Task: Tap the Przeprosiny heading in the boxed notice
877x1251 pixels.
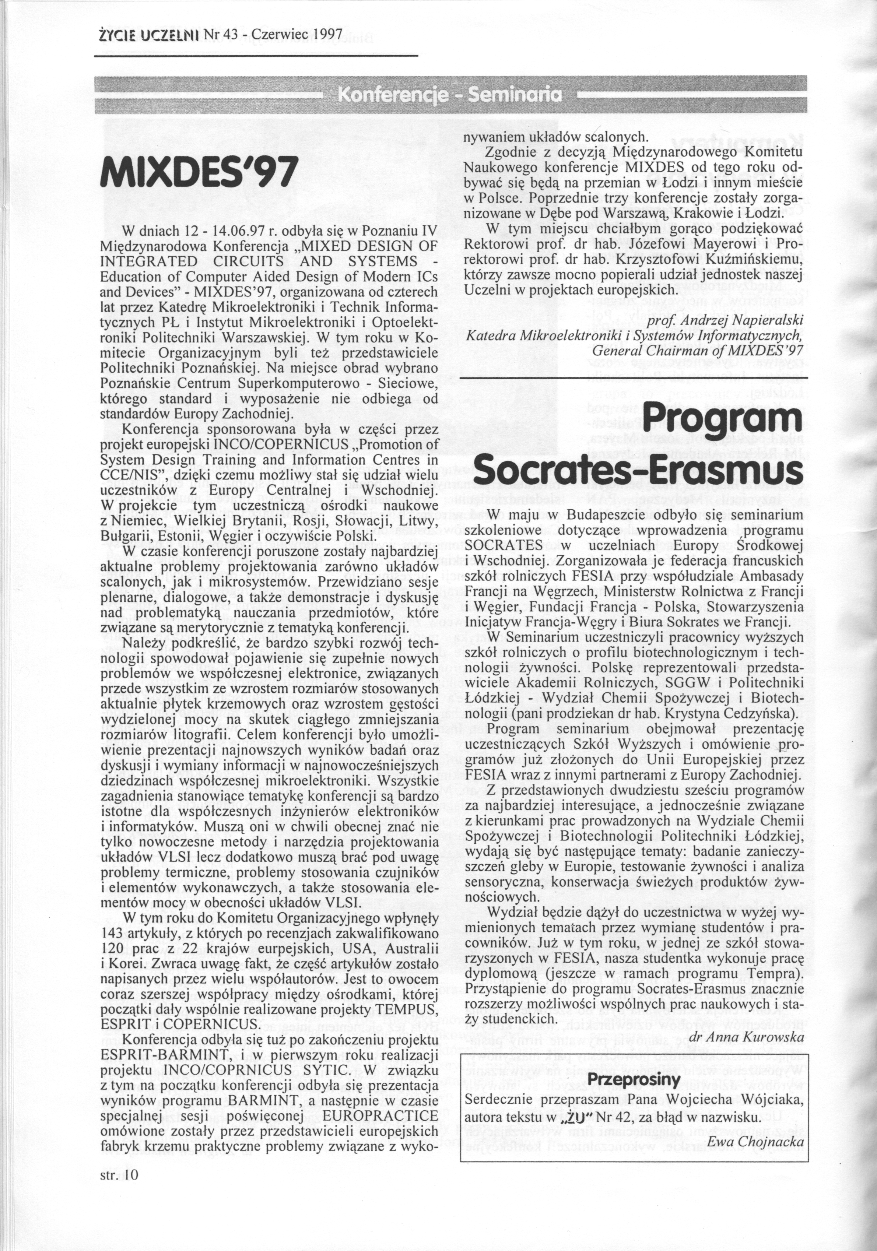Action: [634, 683]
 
